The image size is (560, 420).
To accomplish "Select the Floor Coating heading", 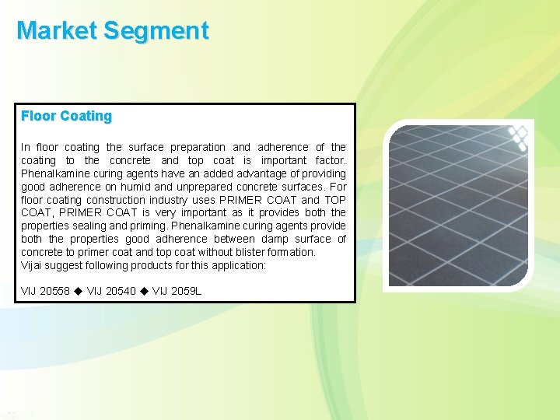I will [67, 116].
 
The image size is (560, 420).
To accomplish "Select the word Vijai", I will [33, 265].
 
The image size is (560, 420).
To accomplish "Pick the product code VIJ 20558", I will [45, 291].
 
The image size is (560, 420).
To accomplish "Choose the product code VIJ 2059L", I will [177, 291].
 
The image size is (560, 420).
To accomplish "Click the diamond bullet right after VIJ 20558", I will [78, 291].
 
